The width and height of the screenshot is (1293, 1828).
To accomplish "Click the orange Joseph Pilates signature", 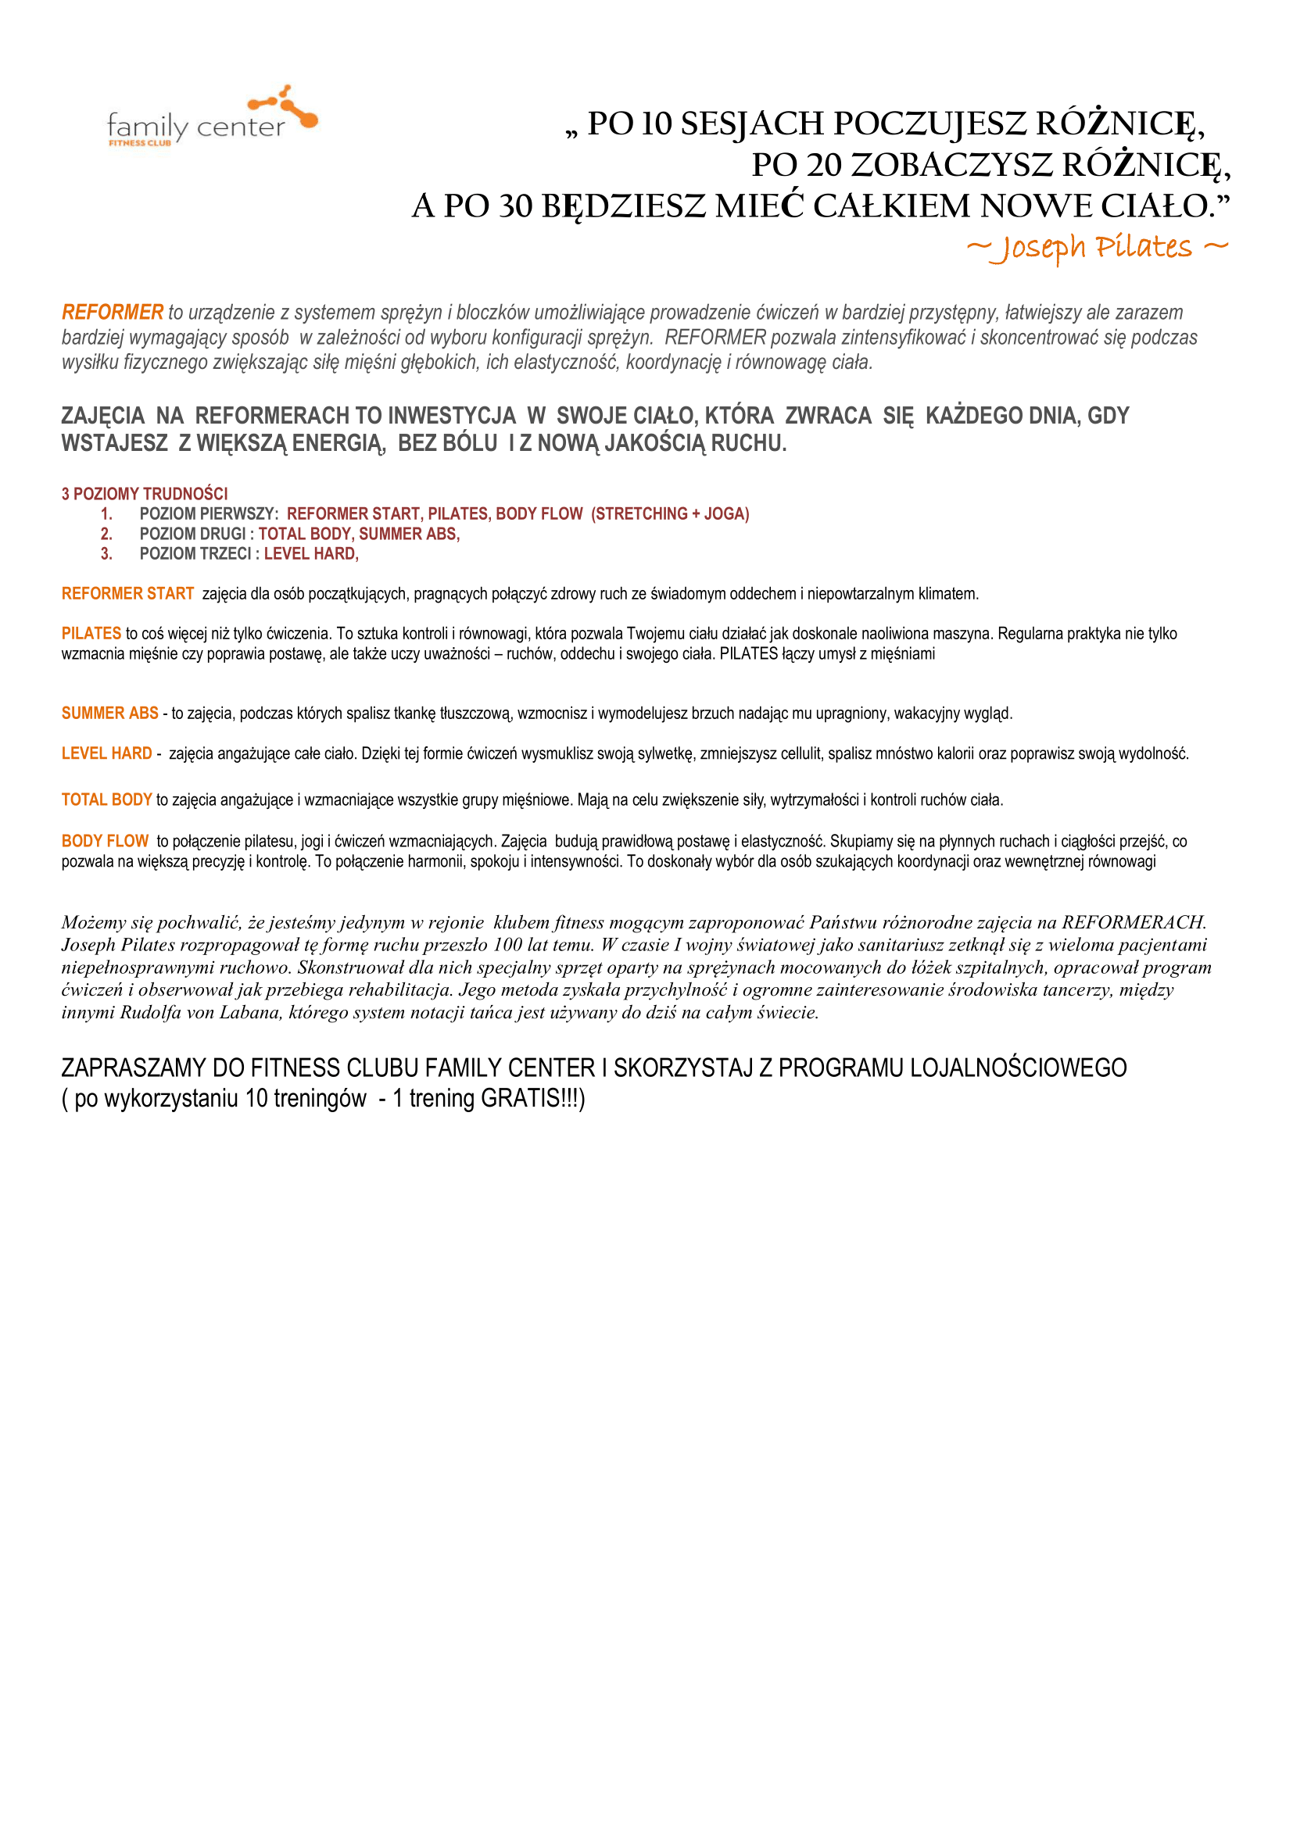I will click(1097, 247).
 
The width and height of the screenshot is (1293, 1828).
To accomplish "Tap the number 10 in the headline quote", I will click(657, 124).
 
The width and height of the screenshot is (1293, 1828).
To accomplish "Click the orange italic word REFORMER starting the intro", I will click(113, 312).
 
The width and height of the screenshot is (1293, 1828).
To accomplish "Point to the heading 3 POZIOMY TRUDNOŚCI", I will click(144, 494).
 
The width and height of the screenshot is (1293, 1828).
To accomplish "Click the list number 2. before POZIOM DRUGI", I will click(106, 535).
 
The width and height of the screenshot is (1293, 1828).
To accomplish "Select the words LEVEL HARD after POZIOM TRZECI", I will click(311, 554).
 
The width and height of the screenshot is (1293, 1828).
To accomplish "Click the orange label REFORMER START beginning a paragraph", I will click(127, 594).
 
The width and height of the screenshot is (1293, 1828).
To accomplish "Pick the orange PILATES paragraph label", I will click(91, 634).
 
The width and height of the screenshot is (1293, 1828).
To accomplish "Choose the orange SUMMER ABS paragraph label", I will click(110, 714).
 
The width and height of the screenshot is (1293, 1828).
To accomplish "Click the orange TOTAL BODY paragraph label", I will click(106, 800).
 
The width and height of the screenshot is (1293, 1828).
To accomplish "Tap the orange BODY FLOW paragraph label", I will click(104, 842).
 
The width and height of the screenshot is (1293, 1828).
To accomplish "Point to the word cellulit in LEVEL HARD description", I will click(799, 754).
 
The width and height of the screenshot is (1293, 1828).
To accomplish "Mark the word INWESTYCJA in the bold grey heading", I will click(451, 416).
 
